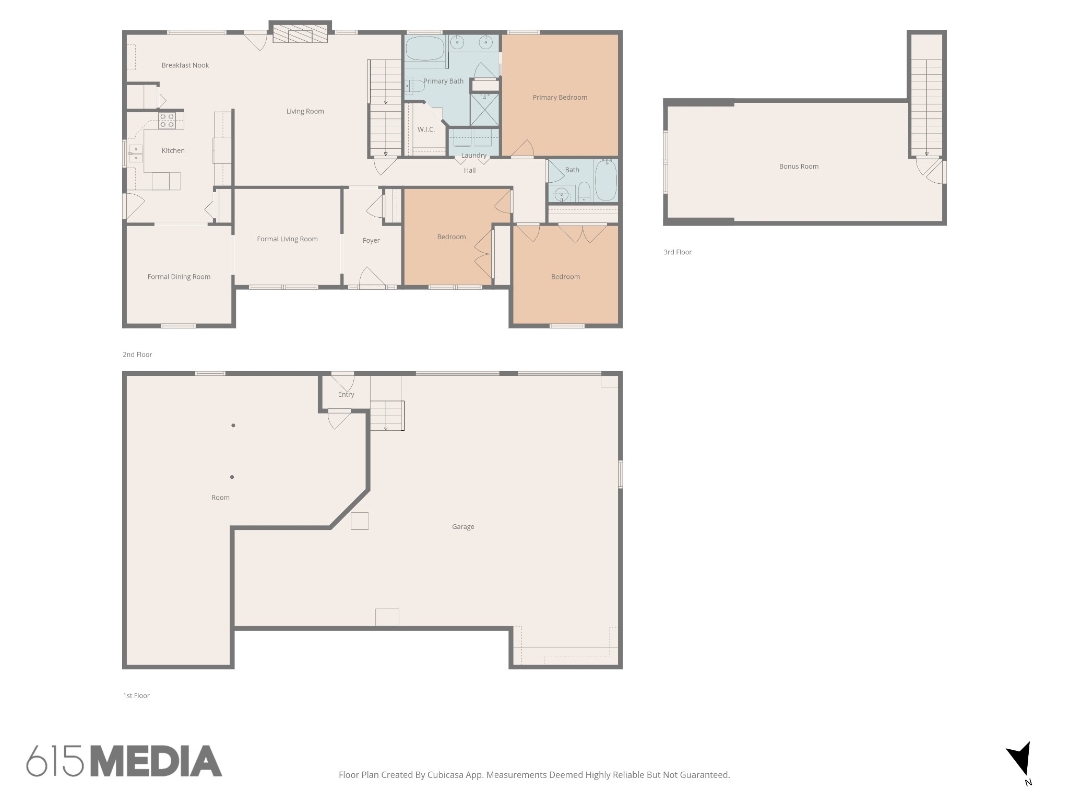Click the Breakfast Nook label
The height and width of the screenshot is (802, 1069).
coord(185,65)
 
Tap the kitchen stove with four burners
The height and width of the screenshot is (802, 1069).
coord(167,121)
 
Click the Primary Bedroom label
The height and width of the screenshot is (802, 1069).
coord(560,97)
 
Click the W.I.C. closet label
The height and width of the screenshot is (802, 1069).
coord(426,129)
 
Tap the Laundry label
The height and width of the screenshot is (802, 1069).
coord(474,155)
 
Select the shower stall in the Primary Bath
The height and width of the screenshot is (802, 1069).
coord(484,109)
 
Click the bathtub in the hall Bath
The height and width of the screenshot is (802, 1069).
coord(605,180)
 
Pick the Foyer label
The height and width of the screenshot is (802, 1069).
coord(371,240)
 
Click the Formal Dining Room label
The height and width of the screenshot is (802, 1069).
coord(179,277)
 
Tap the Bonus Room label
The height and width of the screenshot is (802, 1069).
coord(799,166)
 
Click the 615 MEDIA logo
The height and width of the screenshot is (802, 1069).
coord(124,761)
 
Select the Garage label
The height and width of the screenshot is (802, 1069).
coord(463,527)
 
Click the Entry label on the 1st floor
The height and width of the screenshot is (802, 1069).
coord(346,394)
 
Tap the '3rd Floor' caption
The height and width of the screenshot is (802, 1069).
coord(678,252)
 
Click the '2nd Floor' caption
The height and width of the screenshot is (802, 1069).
coord(137,355)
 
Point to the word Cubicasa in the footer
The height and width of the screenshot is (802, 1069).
coord(447,775)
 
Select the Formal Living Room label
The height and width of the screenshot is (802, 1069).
coord(287,239)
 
